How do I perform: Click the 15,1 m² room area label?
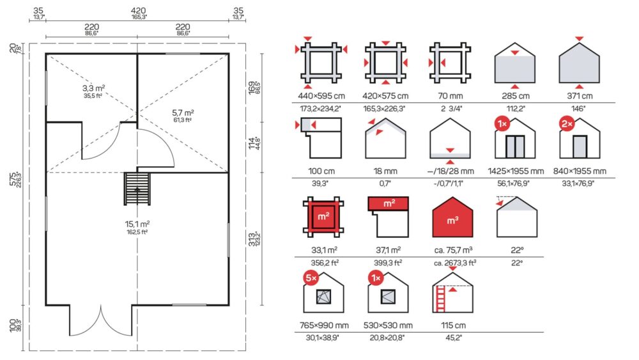click(x=137, y=224)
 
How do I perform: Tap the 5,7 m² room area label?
click(x=183, y=113)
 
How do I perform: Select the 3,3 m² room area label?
click(x=94, y=88)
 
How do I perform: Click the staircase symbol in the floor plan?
click(x=137, y=189)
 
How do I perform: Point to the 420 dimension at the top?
click(x=139, y=11)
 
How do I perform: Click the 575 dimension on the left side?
click(x=13, y=180)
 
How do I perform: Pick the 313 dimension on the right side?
click(x=252, y=239)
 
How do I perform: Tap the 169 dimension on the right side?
click(x=252, y=88)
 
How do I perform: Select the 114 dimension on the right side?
click(x=252, y=143)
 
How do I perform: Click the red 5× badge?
click(x=311, y=278)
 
